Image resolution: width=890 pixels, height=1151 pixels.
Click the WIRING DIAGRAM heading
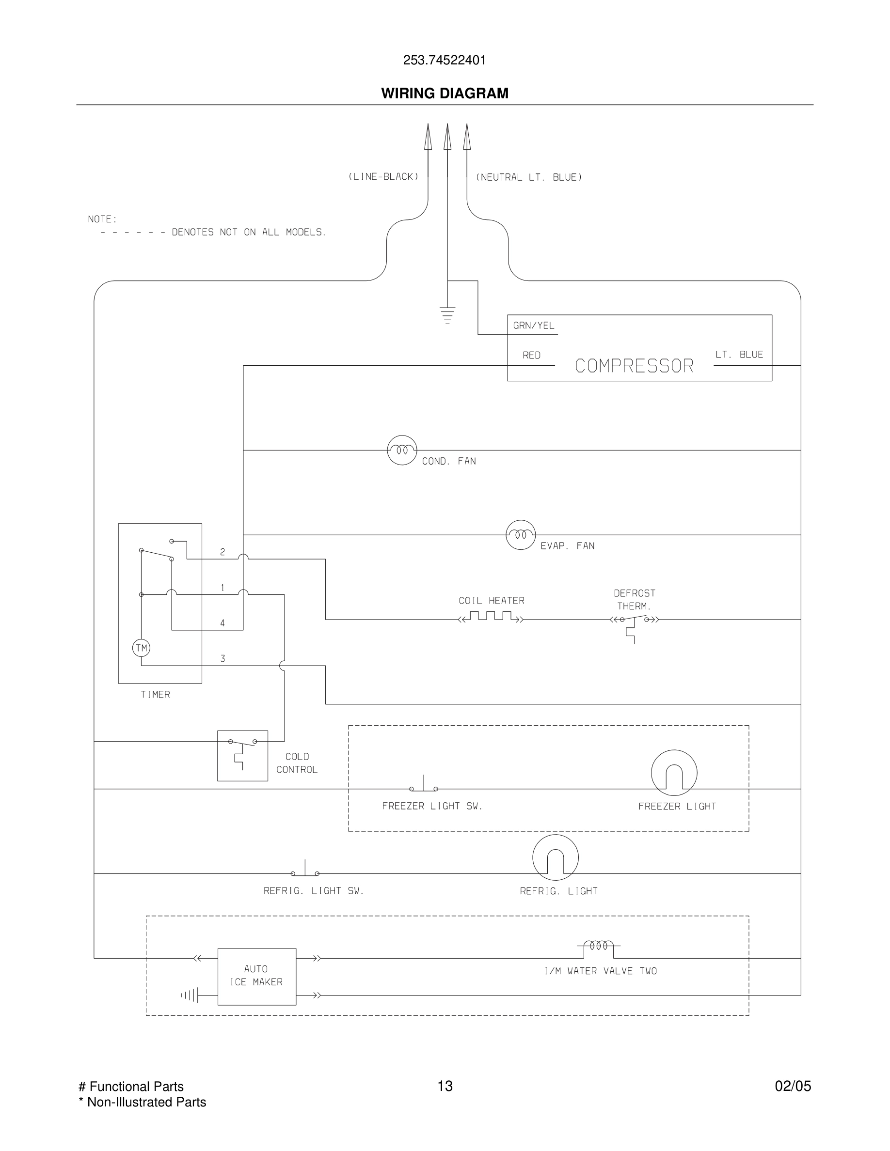point(445,93)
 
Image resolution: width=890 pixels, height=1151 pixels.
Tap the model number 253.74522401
point(445,60)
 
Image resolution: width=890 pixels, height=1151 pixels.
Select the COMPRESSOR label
point(634,366)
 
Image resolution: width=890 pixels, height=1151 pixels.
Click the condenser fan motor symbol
point(402,450)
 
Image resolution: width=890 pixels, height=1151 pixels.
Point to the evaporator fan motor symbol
point(521,534)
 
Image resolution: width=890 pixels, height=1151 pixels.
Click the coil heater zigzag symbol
point(491,617)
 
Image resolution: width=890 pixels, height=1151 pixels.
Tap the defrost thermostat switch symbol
point(634,622)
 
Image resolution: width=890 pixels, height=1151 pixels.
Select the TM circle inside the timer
point(141,648)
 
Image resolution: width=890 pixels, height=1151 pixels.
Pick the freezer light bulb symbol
point(674,773)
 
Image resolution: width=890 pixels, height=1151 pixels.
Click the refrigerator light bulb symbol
point(555,857)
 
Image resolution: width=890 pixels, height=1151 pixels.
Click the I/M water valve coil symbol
point(599,946)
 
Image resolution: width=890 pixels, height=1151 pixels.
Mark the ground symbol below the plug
point(447,314)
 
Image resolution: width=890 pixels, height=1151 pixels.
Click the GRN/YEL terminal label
point(534,326)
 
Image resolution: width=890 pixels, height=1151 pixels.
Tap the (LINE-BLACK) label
point(383,176)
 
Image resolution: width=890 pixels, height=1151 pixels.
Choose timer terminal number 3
point(222,659)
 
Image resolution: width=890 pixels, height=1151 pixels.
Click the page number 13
point(445,1086)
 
